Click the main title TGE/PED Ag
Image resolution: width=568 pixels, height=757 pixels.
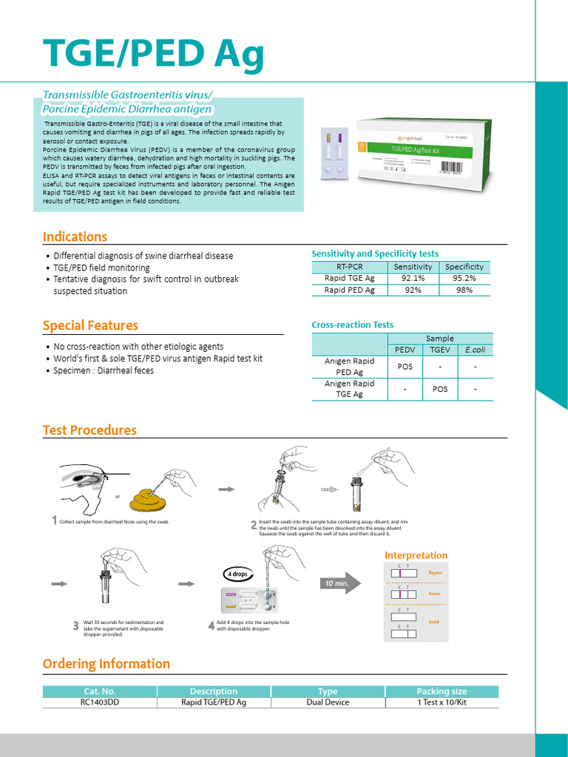click(x=154, y=53)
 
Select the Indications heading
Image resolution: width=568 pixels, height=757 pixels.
click(x=75, y=237)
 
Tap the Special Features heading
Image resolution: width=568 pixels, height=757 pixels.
click(x=90, y=325)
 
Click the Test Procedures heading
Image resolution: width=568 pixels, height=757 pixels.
click(x=89, y=430)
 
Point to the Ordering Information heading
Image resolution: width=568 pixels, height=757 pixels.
click(x=106, y=663)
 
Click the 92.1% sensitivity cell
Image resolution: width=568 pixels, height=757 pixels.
click(x=413, y=278)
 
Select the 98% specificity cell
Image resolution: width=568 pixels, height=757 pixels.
click(x=464, y=290)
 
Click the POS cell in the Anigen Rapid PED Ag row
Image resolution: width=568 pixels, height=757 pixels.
click(x=405, y=366)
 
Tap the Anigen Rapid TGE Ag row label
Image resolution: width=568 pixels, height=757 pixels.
click(x=349, y=389)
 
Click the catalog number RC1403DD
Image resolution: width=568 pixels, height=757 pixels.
click(x=99, y=702)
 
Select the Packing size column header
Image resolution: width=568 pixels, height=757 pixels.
click(x=442, y=691)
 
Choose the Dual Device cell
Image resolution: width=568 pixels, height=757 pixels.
click(x=328, y=702)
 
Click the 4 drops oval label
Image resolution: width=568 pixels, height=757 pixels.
click(x=237, y=574)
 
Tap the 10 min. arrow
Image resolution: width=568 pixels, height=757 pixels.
click(x=340, y=583)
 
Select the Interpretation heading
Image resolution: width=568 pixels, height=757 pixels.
click(x=416, y=555)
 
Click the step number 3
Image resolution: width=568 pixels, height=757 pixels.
click(x=75, y=626)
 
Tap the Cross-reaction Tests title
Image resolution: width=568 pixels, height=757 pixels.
click(x=353, y=325)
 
